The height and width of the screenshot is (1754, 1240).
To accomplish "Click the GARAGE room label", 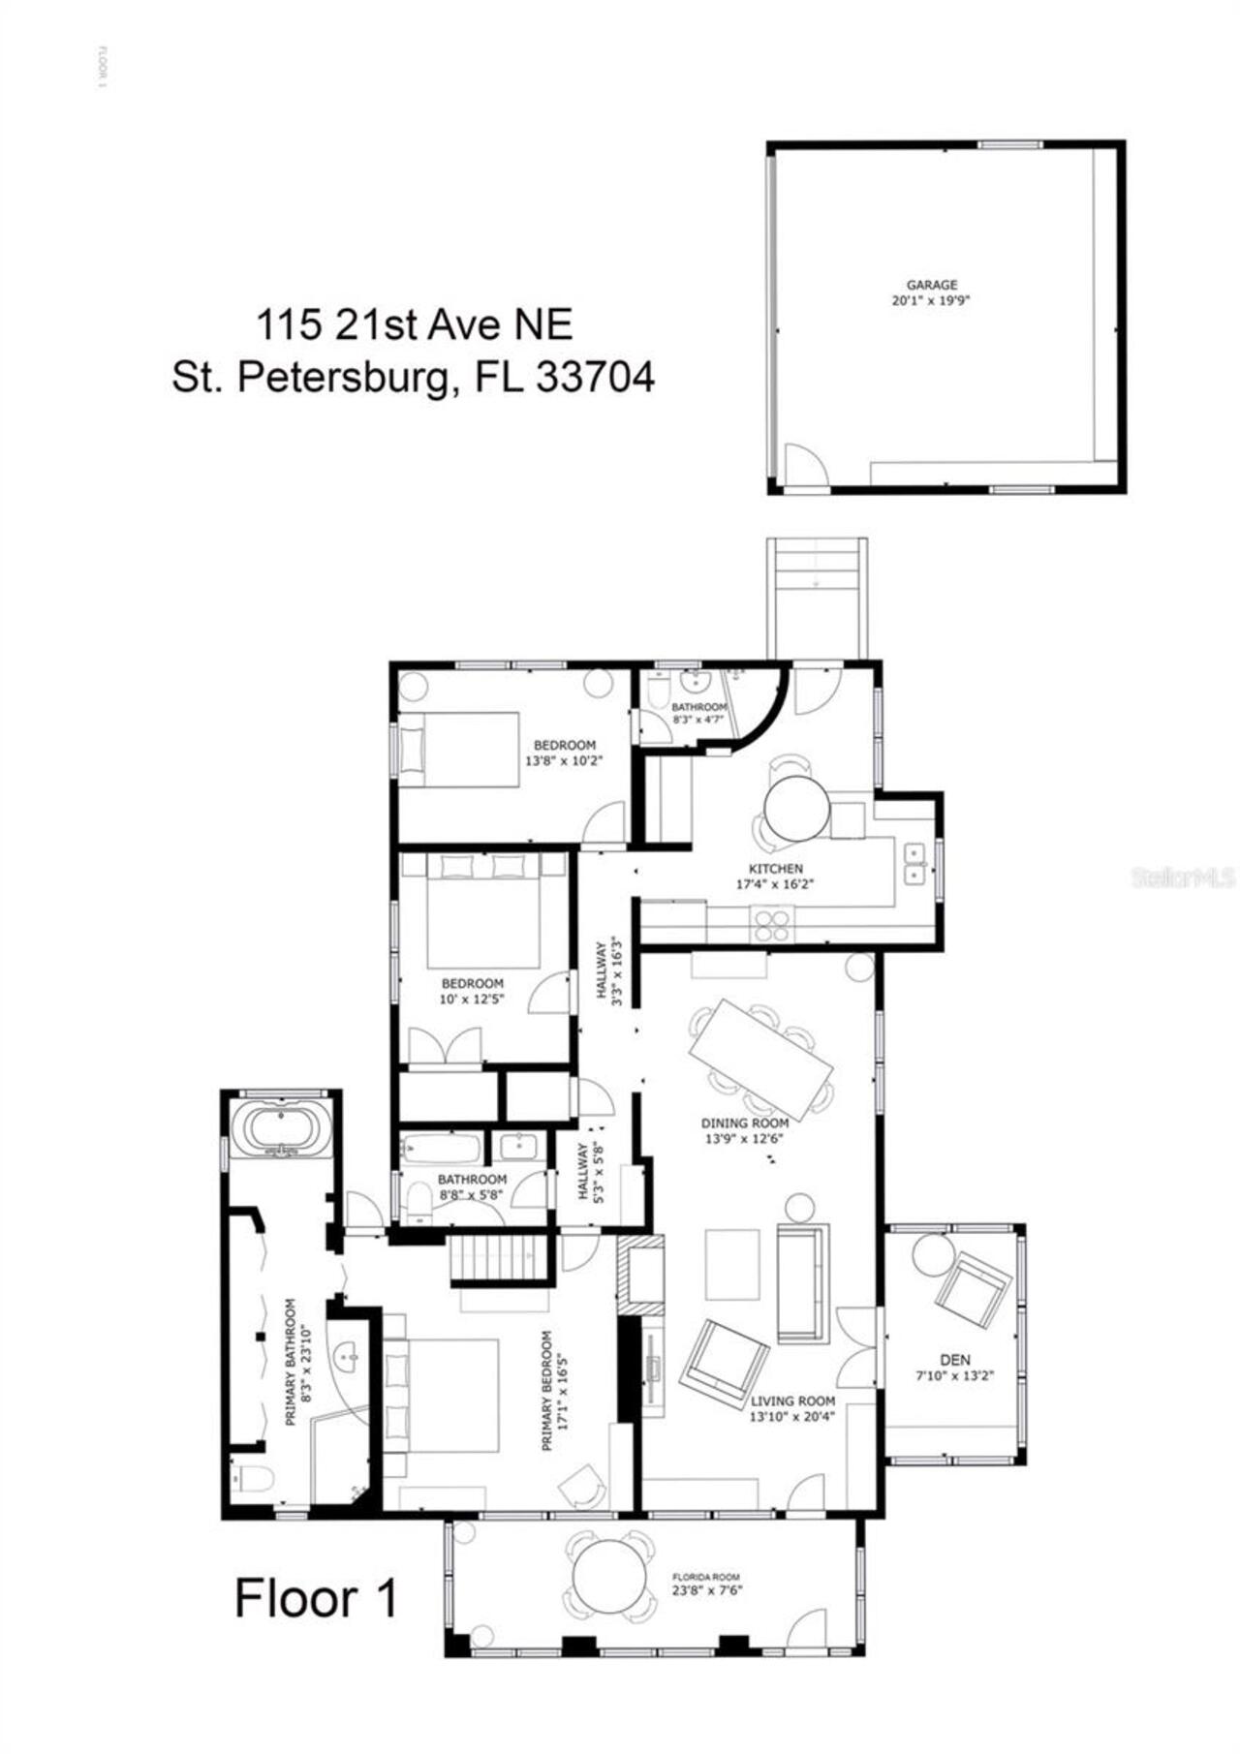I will [x=932, y=285].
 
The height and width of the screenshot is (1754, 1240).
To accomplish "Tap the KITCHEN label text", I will [x=775, y=869].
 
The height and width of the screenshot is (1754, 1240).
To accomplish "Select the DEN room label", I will [x=954, y=1360].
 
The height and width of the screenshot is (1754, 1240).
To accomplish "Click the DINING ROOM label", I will [x=744, y=1123].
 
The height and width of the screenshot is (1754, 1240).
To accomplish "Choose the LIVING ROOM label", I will [x=792, y=1400].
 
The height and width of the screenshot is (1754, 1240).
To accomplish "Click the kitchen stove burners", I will [x=773, y=925].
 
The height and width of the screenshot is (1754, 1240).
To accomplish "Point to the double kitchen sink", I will [x=914, y=863].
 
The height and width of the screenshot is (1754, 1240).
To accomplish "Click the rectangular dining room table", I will [x=761, y=1048].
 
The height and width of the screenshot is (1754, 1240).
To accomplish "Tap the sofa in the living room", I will [x=802, y=1283].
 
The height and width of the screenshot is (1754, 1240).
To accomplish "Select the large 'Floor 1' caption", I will [x=316, y=1597].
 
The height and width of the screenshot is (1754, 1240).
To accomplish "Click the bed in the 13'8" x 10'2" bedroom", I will [x=460, y=751].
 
